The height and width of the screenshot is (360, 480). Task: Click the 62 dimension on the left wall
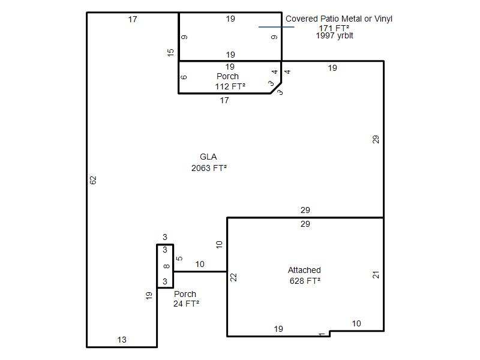[93, 180]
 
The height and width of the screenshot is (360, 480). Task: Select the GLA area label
[208, 157]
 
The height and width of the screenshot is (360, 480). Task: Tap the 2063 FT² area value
[209, 168]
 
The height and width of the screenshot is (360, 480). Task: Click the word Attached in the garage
[304, 270]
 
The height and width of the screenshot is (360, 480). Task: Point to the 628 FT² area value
[305, 281]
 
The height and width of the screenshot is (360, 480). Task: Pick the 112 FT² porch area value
[230, 86]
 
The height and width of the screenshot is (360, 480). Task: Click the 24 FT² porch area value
[186, 304]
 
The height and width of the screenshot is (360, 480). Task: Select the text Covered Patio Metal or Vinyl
[339, 19]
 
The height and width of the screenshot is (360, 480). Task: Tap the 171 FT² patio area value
[334, 28]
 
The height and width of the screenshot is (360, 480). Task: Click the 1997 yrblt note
[335, 36]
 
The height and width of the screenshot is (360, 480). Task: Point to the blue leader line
[277, 27]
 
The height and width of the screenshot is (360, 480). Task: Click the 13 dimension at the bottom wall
[122, 340]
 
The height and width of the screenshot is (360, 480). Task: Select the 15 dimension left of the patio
[170, 52]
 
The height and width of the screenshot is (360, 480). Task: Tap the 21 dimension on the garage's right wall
[376, 275]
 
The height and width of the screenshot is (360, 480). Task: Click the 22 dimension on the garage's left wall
[233, 277]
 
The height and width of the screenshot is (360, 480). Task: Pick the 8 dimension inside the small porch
[166, 266]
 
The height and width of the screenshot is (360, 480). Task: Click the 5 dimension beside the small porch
[179, 259]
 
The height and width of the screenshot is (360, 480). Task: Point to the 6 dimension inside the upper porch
[184, 77]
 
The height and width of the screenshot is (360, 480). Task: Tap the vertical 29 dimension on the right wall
[376, 139]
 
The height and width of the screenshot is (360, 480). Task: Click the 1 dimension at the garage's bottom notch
[322, 334]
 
